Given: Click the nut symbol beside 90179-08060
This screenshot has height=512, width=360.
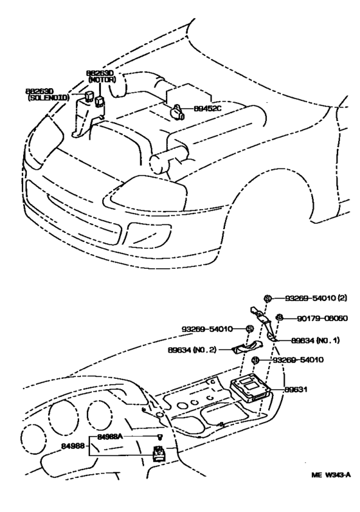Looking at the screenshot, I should pyautogui.click(x=280, y=317).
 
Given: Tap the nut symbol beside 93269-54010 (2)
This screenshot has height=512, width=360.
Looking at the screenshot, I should pyautogui.click(x=269, y=298).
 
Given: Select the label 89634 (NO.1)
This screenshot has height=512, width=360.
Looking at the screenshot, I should pyautogui.click(x=314, y=340).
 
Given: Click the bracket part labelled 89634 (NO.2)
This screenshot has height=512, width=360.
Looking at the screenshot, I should pyautogui.click(x=242, y=349).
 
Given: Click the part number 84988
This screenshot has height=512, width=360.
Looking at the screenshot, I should pyautogui.click(x=73, y=444).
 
